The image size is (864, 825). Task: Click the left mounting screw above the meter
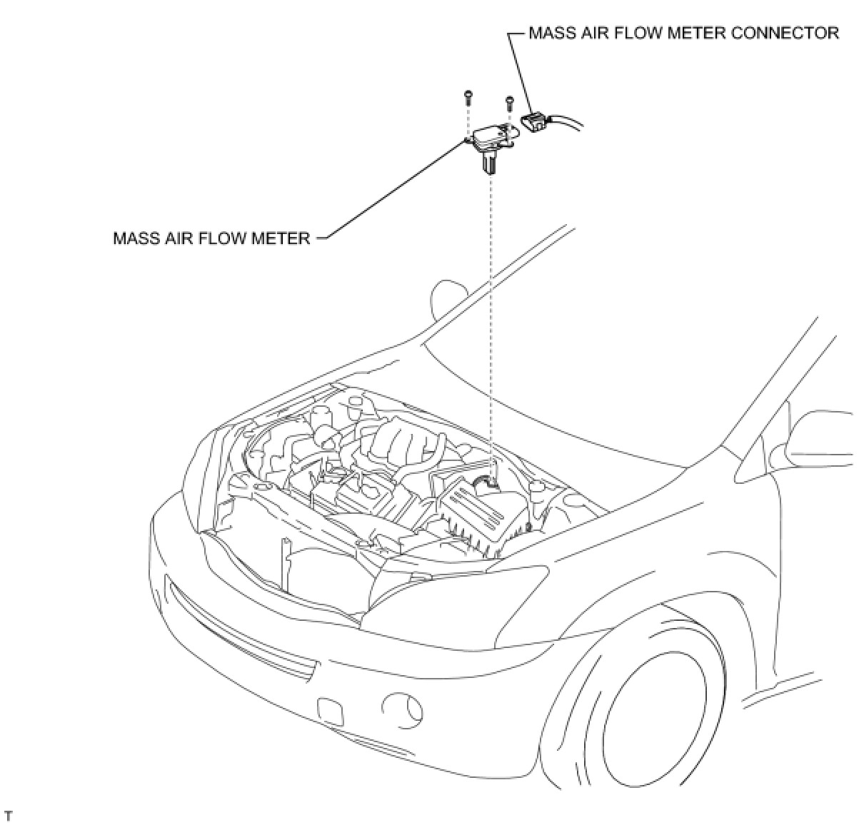pyautogui.click(x=468, y=94)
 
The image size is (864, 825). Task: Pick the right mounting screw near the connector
pyautogui.click(x=509, y=102)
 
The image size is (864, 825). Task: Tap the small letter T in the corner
pyautogui.click(x=9, y=814)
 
